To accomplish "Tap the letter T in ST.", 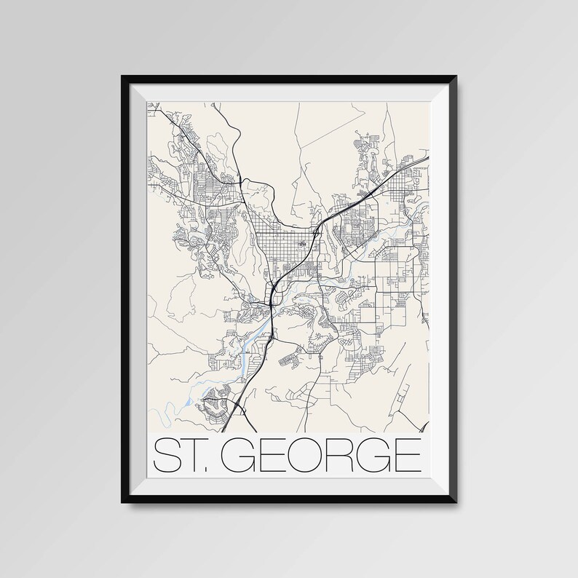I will [193, 455].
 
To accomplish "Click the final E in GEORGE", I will [406, 455].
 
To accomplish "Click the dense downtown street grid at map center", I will [281, 251].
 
